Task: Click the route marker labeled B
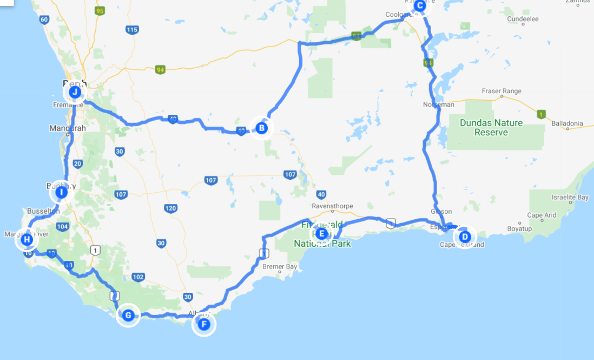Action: pos(262,128)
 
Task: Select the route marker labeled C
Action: pos(420,5)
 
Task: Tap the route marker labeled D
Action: pos(464,237)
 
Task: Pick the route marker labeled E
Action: pos(321,233)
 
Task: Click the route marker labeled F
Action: pos(204,324)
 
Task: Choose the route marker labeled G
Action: pos(128,315)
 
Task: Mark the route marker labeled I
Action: pos(62,192)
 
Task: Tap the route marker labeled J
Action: pos(75,92)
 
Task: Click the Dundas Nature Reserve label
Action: pos(491,127)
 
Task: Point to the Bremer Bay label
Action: pos(280,267)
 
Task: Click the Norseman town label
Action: pos(439,104)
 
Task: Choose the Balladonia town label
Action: pos(567,123)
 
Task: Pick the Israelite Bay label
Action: pos(570,198)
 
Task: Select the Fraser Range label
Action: pos(503,91)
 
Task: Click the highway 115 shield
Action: pos(131,30)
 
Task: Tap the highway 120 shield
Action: pos(170,208)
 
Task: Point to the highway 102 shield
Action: pos(138,277)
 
